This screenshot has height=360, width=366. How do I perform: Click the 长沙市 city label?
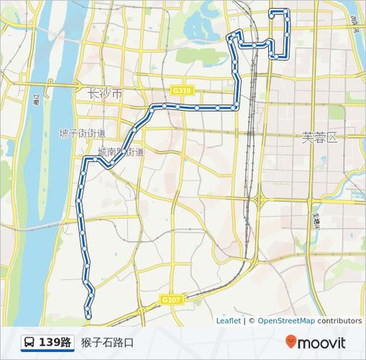104,94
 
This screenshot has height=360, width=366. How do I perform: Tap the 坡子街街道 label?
82,133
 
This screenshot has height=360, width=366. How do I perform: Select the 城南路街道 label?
120,152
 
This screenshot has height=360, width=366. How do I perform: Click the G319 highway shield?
181,91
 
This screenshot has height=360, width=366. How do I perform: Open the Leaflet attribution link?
229,321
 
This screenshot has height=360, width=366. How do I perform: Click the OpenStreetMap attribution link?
286,321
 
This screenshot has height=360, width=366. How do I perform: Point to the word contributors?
339,321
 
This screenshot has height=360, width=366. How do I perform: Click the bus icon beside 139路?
29,342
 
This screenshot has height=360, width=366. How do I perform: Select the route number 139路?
55,342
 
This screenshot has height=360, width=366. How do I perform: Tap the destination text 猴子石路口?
107,342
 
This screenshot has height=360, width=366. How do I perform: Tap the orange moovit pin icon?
290,342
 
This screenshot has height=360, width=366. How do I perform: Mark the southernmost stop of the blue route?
88,316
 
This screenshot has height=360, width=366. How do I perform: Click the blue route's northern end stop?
272,12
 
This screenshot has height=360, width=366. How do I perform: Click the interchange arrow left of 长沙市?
79,85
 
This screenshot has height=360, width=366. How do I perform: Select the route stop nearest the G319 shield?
180,107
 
